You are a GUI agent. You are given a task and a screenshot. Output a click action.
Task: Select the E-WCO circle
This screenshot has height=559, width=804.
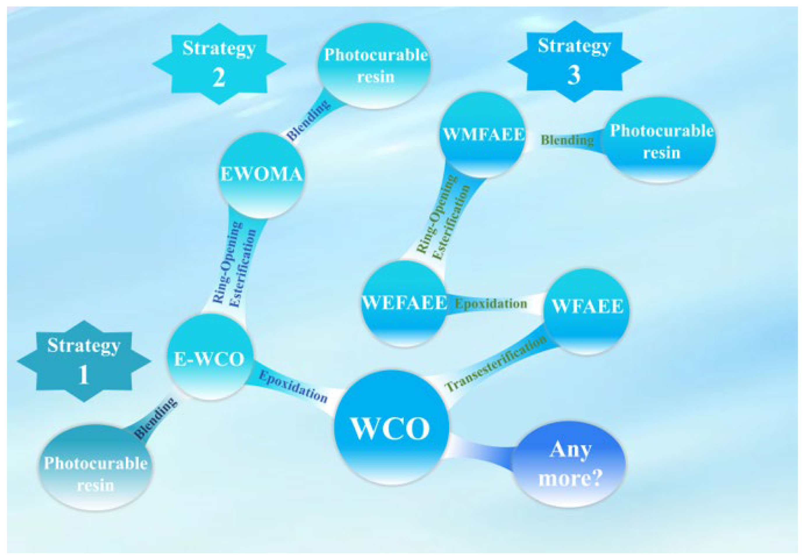[x=210, y=357]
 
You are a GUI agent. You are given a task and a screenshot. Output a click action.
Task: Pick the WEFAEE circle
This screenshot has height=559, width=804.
[x=404, y=303]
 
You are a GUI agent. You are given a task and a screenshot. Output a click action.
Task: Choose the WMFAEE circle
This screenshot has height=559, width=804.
[x=483, y=135]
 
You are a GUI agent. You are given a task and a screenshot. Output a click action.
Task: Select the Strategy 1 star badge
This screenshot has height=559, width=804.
[x=84, y=361]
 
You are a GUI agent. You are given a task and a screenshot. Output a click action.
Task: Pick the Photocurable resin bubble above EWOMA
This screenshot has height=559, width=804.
[x=375, y=66]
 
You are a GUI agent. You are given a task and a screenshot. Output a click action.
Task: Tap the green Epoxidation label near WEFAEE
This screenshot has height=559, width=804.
[x=491, y=303]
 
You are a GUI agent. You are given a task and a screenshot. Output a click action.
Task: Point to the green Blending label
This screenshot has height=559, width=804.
[x=567, y=140]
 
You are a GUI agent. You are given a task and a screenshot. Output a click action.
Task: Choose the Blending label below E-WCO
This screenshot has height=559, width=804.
[x=156, y=418]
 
